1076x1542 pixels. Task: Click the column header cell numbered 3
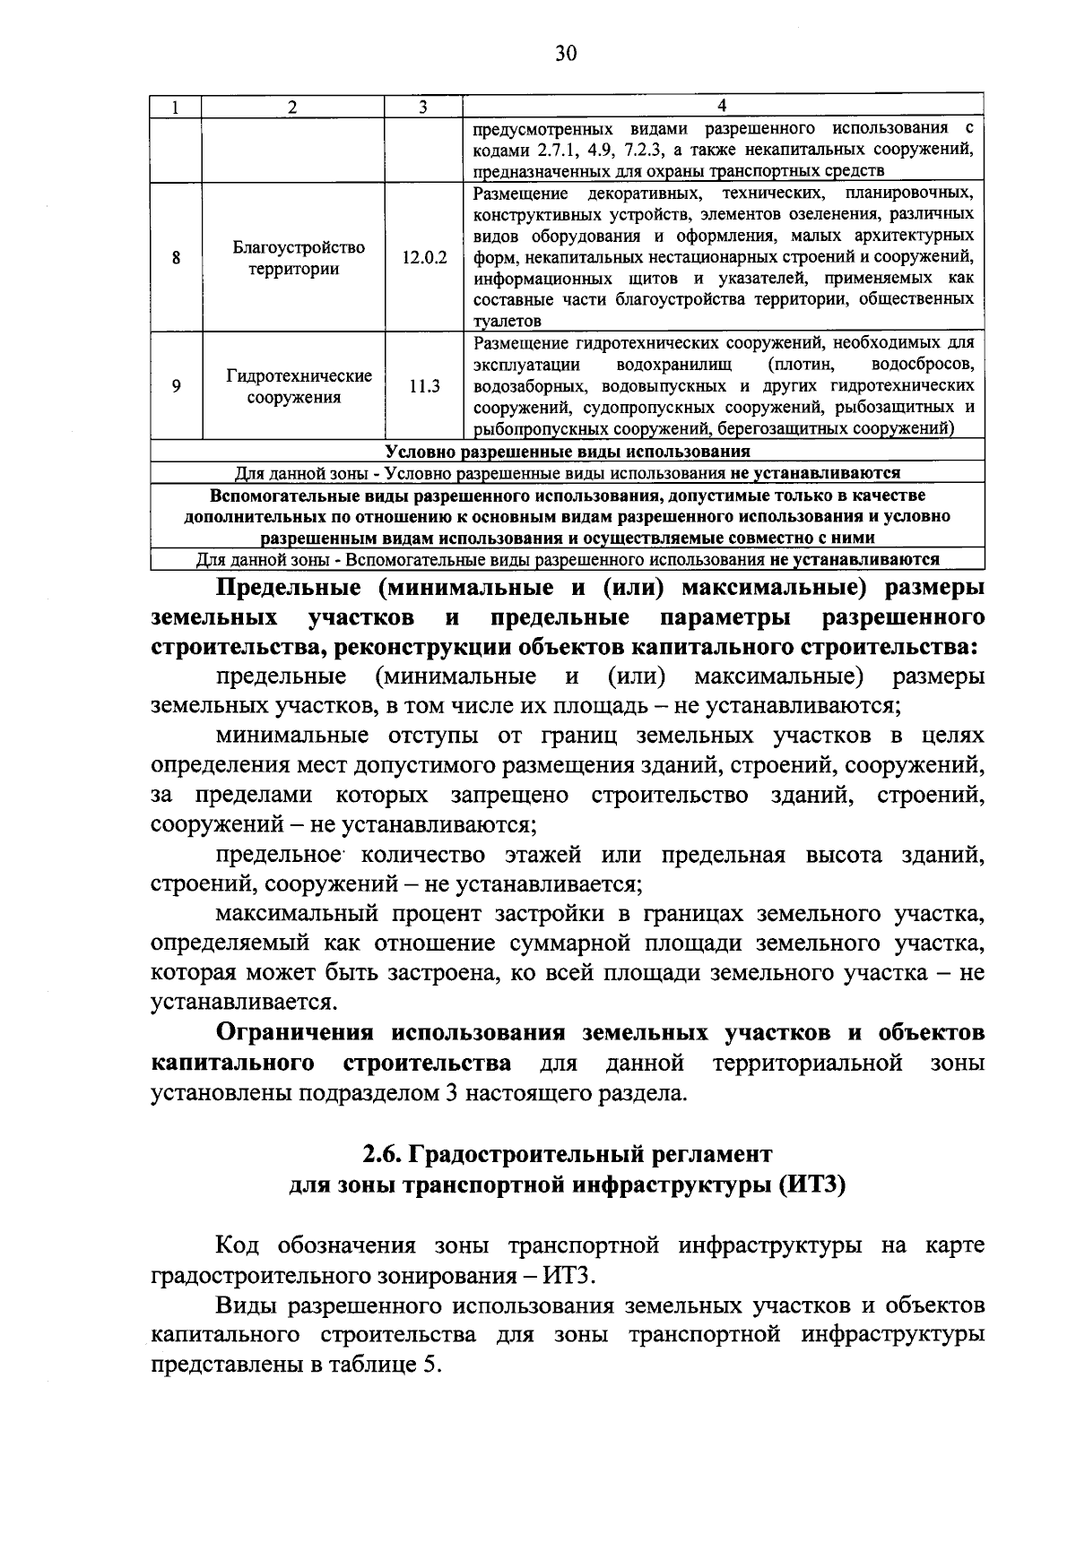coord(422,107)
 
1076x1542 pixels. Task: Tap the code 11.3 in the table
coord(423,386)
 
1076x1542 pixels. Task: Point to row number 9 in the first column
coord(176,386)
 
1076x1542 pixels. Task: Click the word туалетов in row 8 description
coord(507,321)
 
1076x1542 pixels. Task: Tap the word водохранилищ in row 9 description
coord(674,365)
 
